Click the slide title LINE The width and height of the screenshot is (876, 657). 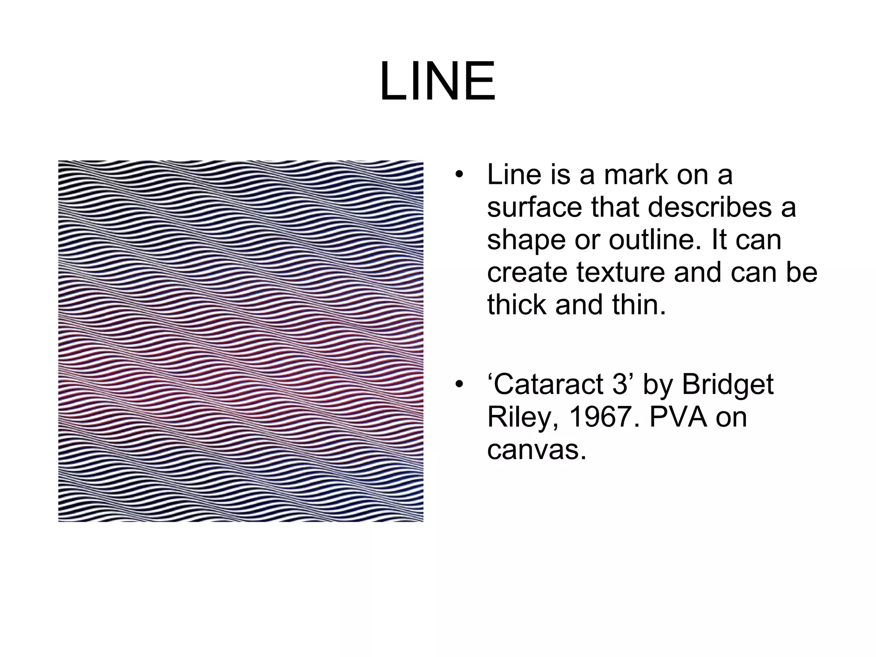pyautogui.click(x=437, y=81)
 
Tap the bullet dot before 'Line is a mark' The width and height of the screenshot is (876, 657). pyautogui.click(x=459, y=175)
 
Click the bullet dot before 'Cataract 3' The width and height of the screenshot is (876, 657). pyautogui.click(x=459, y=384)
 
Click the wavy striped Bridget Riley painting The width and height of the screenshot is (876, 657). pyautogui.click(x=240, y=341)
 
